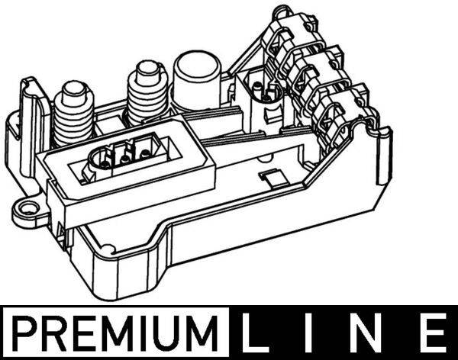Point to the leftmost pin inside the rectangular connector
(x=102, y=160)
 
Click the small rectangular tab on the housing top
(x=269, y=177)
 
